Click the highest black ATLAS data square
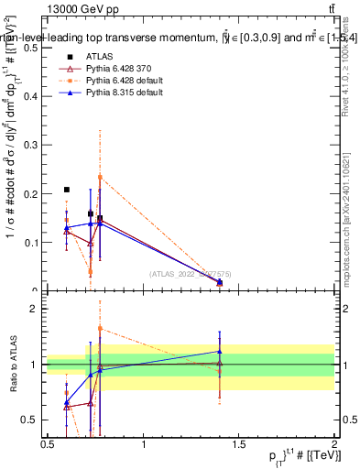67,190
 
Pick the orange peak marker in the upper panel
100,177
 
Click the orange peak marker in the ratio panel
100,328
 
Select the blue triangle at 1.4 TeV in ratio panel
220,351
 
